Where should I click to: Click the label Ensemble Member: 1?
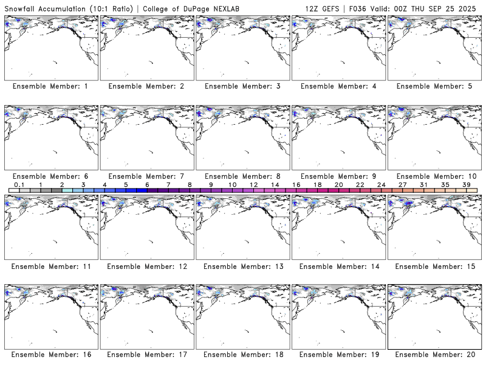point(50,86)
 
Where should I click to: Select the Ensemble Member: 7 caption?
point(146,176)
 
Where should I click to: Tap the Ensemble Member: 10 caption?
point(435,176)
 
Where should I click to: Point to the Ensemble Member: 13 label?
point(242,266)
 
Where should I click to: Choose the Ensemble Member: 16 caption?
point(50,354)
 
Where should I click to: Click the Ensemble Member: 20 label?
point(435,354)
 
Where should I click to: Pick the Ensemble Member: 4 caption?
point(339,86)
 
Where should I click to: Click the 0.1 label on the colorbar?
point(19,184)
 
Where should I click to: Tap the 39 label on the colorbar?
point(466,184)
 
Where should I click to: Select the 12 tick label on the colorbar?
point(253,184)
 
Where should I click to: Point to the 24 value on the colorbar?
point(381,184)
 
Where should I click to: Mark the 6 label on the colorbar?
point(147,184)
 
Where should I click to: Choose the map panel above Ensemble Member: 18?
point(242,317)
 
